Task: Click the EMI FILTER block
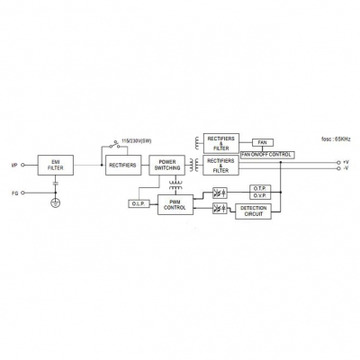click(x=56, y=165)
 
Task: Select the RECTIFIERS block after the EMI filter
click(x=123, y=165)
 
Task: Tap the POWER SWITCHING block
click(x=167, y=165)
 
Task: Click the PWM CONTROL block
click(x=175, y=204)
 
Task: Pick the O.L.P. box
click(x=139, y=204)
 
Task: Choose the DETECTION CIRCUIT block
click(x=253, y=211)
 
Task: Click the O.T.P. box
click(x=260, y=188)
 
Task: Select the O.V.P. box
click(x=260, y=196)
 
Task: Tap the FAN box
click(x=263, y=142)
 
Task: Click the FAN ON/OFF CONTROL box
click(x=267, y=155)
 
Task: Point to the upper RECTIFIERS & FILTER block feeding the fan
click(x=221, y=143)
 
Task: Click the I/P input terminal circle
click(x=22, y=165)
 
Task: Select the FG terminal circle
click(x=22, y=193)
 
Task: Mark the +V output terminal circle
click(x=338, y=162)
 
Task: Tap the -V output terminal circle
click(x=338, y=168)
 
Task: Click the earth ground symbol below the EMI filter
click(x=55, y=203)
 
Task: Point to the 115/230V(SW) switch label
click(x=137, y=141)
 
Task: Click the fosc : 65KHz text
click(x=336, y=139)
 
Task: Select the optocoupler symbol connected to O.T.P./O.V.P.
click(x=220, y=193)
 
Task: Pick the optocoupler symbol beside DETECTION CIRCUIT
click(x=220, y=208)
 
